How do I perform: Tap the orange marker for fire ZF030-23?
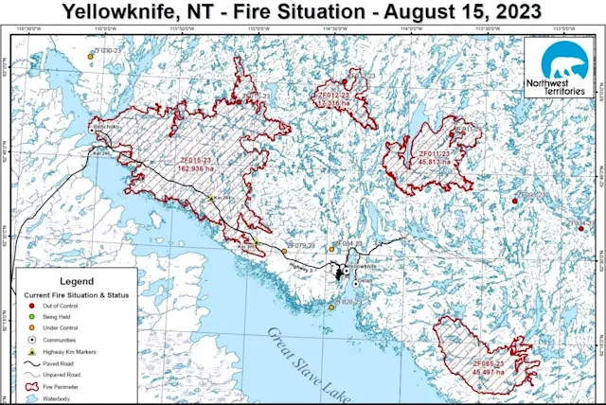(90, 56)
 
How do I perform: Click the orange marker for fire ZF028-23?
(332, 307)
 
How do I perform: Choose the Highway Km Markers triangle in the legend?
(32, 351)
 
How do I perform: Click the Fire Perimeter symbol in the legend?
(32, 385)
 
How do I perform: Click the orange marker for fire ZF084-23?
(332, 249)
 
